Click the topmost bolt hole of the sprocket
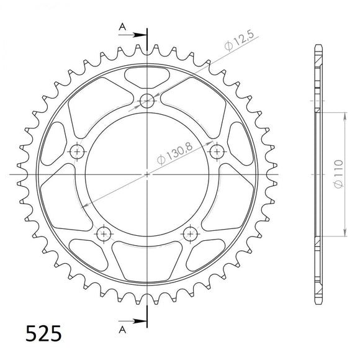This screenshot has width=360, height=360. click(147, 100)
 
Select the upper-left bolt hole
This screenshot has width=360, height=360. click(77, 151)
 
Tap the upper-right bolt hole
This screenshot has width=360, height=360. click(217, 151)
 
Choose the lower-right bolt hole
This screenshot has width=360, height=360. click(190, 233)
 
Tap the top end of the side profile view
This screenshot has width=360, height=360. click(318, 48)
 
